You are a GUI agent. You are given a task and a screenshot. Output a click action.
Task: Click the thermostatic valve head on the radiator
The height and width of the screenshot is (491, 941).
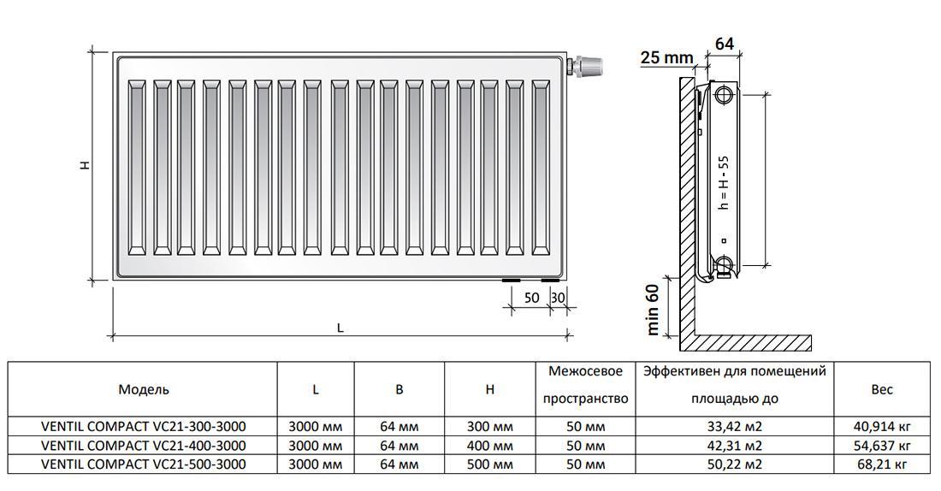[589, 65]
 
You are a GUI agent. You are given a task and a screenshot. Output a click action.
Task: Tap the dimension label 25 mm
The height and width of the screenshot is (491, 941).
[666, 57]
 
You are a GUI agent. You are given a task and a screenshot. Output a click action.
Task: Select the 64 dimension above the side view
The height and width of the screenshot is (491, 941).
[725, 44]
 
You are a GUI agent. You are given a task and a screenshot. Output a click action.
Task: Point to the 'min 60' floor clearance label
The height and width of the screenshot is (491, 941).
[653, 309]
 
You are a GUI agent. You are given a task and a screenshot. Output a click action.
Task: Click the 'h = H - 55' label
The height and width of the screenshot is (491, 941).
[724, 182]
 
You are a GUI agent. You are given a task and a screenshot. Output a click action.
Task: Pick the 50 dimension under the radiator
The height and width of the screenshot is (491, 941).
[531, 298]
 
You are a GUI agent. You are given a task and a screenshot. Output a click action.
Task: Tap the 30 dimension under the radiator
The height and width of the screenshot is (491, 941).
[558, 298]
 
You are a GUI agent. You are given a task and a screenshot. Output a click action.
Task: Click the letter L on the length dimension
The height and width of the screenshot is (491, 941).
[340, 328]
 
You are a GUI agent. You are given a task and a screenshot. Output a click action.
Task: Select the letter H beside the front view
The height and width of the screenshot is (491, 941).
[86, 164]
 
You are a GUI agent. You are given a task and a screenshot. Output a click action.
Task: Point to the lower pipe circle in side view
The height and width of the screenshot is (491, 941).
[724, 263]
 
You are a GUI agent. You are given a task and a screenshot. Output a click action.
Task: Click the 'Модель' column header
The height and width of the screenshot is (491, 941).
[144, 389]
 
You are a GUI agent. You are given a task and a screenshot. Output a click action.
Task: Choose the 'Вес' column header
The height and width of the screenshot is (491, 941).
[882, 389]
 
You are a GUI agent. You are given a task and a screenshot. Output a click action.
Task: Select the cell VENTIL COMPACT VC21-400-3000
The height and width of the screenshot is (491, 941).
[144, 446]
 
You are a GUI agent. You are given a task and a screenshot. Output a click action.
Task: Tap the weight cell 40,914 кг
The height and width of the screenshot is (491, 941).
[882, 427]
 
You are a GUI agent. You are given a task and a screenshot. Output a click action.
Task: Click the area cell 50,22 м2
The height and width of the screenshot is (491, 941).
[735, 464]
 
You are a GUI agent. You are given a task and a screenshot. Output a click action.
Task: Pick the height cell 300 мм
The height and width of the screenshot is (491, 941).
[489, 427]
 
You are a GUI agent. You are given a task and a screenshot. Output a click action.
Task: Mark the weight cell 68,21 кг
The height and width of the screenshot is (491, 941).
[882, 464]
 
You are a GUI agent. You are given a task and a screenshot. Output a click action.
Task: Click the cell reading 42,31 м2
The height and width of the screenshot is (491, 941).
[735, 446]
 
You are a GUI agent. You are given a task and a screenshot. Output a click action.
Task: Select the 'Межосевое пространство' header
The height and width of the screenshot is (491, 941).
[585, 385]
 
